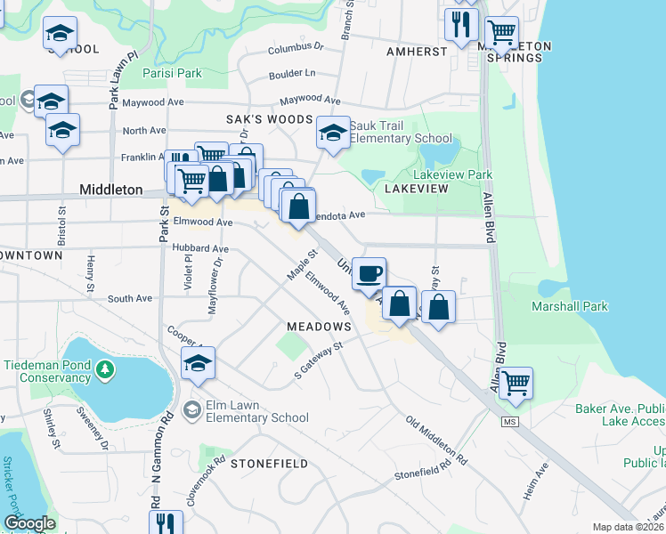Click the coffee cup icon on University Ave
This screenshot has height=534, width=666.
(370, 273)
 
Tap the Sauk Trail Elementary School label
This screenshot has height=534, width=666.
(401, 132)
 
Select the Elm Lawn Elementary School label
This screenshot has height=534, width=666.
(257, 411)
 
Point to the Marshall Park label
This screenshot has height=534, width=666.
(570, 307)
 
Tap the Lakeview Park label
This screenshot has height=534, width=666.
(452, 175)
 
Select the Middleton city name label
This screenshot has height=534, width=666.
(110, 190)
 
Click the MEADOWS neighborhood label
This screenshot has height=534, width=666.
(319, 327)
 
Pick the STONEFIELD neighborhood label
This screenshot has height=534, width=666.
(269, 464)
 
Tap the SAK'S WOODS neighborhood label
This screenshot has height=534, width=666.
(268, 119)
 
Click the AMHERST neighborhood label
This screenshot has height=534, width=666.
(417, 52)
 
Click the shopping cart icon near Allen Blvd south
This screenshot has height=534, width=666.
(516, 384)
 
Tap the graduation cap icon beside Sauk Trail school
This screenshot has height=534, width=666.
(333, 133)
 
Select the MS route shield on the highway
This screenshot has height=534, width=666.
(509, 421)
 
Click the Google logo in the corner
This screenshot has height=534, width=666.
(29, 523)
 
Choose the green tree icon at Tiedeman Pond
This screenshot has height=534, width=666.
(106, 368)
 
